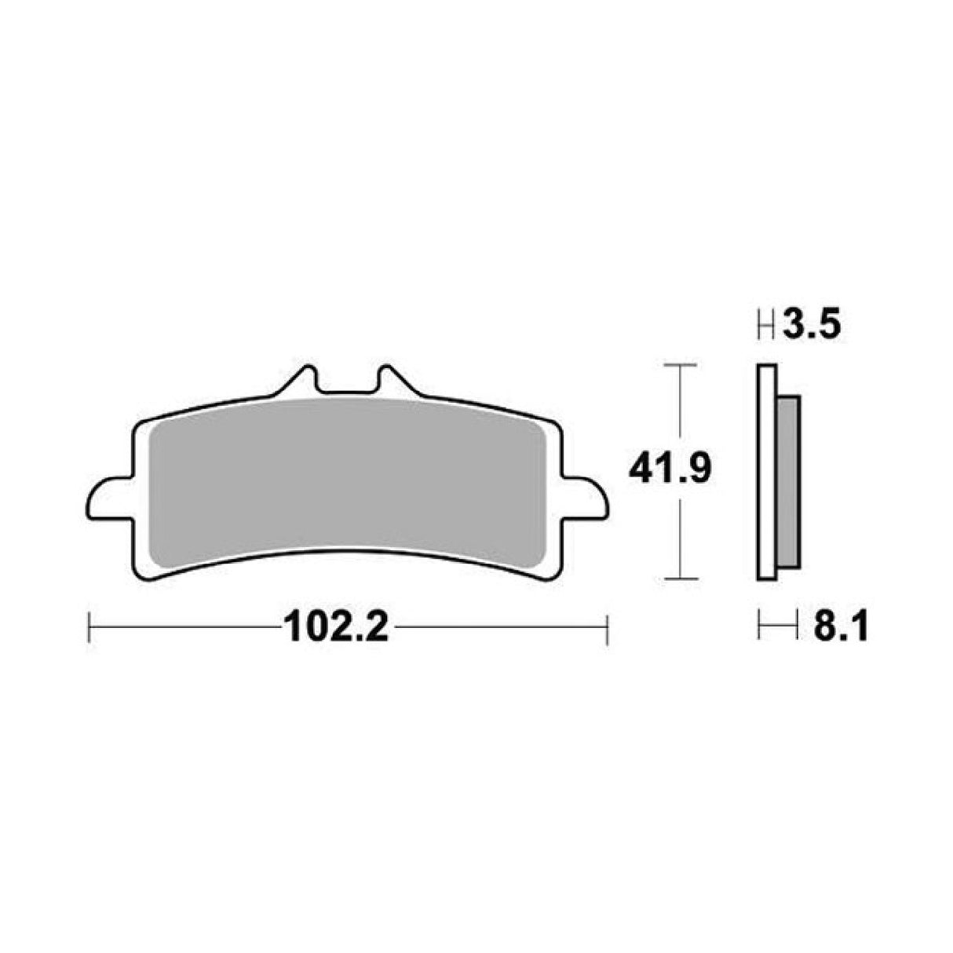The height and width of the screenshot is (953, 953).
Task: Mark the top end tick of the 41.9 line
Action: pyautogui.click(x=681, y=366)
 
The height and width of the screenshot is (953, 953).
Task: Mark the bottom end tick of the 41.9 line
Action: pyautogui.click(x=681, y=579)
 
